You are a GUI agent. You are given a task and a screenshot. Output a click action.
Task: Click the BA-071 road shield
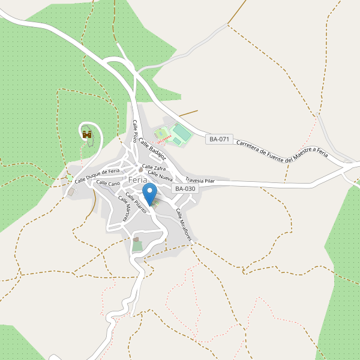tap(219, 139)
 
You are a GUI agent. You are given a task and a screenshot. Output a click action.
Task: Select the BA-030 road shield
tap(184, 188)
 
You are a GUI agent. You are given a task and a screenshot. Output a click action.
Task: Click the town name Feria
tap(138, 179)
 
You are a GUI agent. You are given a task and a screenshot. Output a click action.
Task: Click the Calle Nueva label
tap(160, 176)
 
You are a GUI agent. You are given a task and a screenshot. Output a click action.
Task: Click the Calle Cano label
tap(108, 183)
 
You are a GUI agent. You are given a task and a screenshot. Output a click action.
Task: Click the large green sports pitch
tap(181, 133)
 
